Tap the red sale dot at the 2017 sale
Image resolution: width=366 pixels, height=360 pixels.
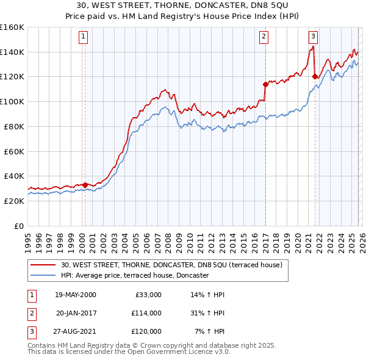265,84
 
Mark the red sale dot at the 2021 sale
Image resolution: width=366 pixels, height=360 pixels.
315,76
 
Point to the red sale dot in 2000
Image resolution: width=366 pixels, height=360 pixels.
85,184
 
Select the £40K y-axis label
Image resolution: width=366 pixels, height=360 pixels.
13,176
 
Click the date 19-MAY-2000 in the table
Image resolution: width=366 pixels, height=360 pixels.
75,295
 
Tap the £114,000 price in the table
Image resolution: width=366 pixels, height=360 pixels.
146,313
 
